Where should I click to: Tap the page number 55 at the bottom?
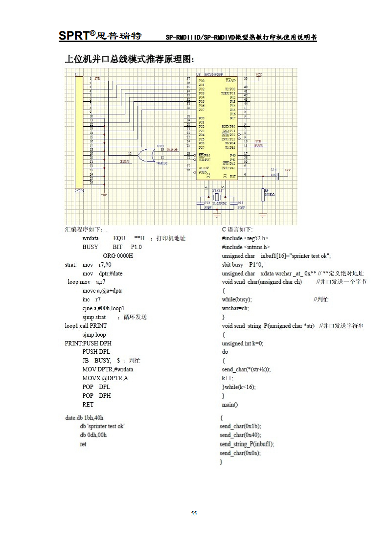(194, 513)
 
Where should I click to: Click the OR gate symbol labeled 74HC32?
(145, 156)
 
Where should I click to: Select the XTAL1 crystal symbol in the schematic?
(217, 194)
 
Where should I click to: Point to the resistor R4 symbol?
(263, 195)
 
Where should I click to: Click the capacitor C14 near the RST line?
(277, 175)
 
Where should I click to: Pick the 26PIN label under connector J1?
(79, 191)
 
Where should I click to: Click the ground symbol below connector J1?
(104, 194)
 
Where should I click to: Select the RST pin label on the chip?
(232, 175)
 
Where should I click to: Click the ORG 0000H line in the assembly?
(118, 256)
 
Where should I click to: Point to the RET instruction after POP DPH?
(88, 405)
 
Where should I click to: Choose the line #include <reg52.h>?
(245, 238)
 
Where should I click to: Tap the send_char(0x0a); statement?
(240, 453)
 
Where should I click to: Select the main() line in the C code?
(229, 405)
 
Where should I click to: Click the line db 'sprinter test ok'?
(102, 426)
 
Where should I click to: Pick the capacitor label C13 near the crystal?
(240, 202)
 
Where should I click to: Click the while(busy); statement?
(237, 299)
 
